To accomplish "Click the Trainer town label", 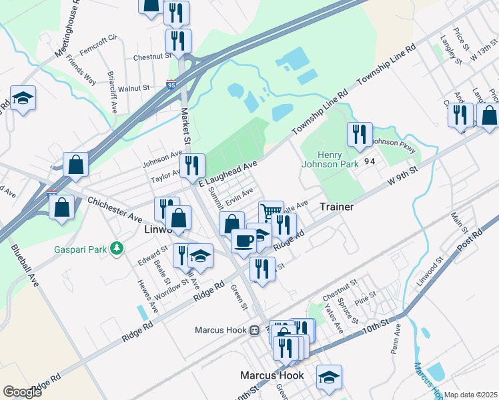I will [x=336, y=207].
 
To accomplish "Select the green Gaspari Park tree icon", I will [x=117, y=248].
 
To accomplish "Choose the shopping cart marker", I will [x=271, y=212].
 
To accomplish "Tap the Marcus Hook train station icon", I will [x=254, y=330].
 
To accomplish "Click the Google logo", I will [x=22, y=391].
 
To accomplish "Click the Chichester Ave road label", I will [x=115, y=209].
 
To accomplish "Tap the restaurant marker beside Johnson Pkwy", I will [x=360, y=134].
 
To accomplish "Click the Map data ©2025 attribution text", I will [x=471, y=395].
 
